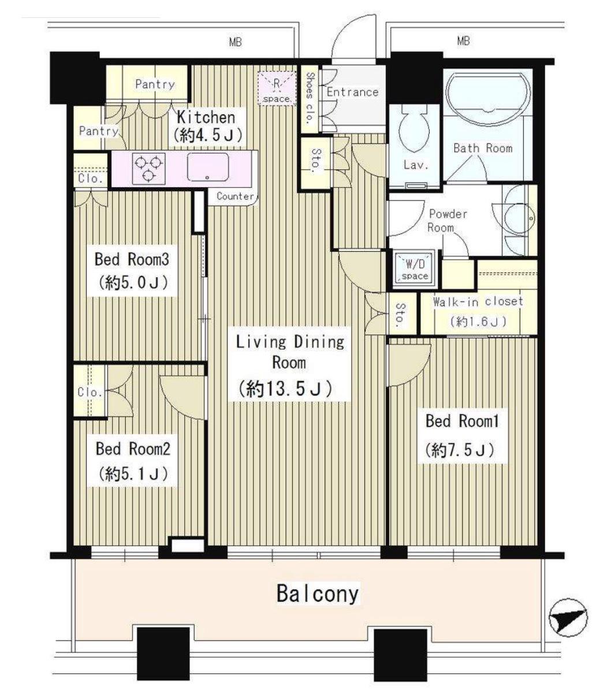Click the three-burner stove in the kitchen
(x=149, y=169)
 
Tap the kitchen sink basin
(x=208, y=167)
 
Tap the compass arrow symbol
(x=568, y=617)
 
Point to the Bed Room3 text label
(x=132, y=259)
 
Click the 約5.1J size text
(x=133, y=473)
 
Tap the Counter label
(x=235, y=196)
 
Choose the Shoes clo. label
(x=310, y=98)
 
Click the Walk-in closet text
(x=478, y=301)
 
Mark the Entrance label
(x=352, y=92)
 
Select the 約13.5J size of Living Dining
(x=286, y=389)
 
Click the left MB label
(x=236, y=42)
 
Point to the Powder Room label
(x=448, y=221)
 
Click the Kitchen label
(x=206, y=117)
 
